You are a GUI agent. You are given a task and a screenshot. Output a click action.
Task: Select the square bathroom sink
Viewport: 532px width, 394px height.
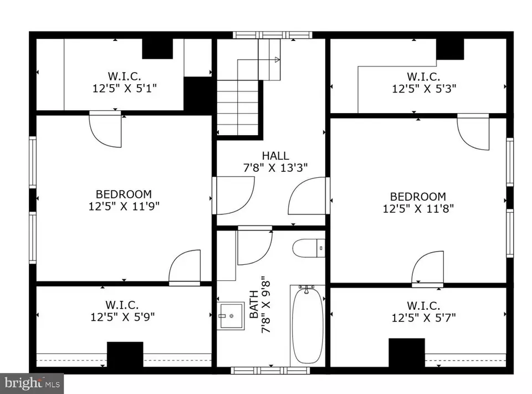tap(231, 316)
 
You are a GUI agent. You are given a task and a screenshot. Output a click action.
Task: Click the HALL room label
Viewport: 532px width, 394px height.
tap(275, 156)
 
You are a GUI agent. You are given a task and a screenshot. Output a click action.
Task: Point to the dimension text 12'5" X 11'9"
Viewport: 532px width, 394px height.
tap(124, 206)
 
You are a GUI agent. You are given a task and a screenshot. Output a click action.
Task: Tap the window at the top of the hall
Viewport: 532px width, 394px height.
tap(272, 35)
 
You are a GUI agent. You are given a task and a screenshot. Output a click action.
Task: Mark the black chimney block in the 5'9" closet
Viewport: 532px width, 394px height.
tap(125, 354)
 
